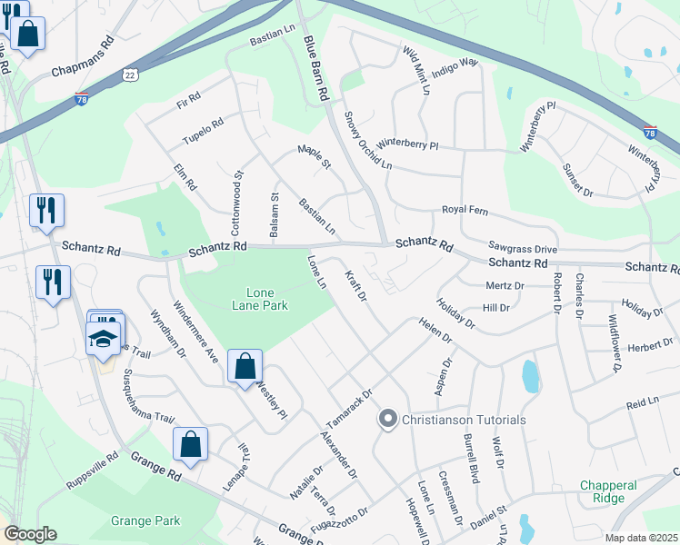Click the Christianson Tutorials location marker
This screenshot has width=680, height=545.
pyautogui.click(x=388, y=420)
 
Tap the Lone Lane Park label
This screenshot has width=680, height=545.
pyautogui.click(x=255, y=299)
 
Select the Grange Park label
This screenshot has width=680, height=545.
pyautogui.click(x=145, y=520)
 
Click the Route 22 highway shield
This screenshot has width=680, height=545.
pyautogui.click(x=131, y=79)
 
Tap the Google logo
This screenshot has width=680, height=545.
pyautogui.click(x=29, y=534)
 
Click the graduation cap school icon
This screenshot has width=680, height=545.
pyautogui.click(x=103, y=338)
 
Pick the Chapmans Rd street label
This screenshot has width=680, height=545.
pyautogui.click(x=83, y=55)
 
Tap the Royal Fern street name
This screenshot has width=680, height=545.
pyautogui.click(x=465, y=211)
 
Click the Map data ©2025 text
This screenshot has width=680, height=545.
pyautogui.click(x=642, y=538)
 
